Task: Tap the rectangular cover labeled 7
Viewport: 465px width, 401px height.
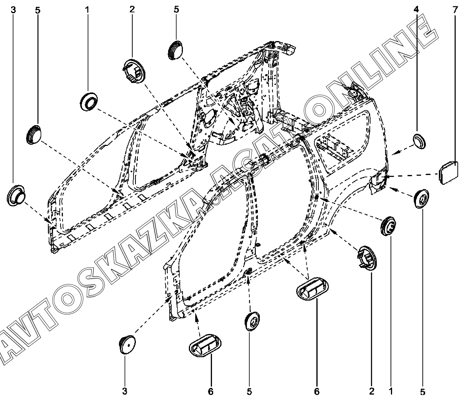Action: tap(448, 171)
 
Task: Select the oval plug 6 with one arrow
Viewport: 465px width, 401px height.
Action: tap(205, 346)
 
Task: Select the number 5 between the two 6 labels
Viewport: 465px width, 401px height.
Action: tap(249, 392)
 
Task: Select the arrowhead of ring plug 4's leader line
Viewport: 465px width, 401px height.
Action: tap(393, 153)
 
